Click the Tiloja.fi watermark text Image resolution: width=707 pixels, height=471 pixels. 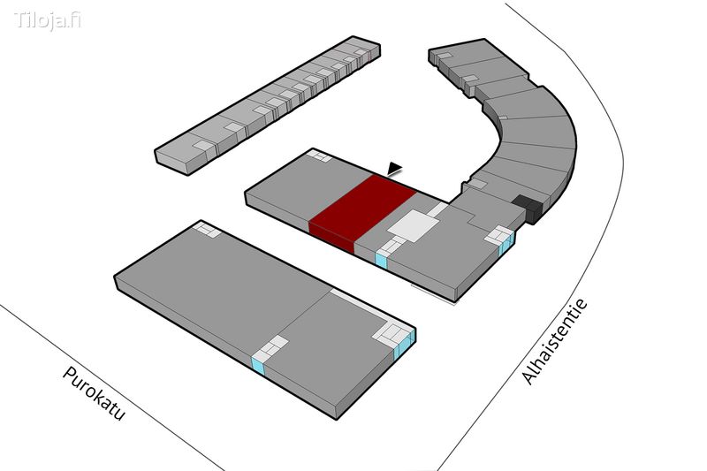pos(48,19)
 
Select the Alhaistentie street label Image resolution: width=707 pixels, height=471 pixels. pos(555,342)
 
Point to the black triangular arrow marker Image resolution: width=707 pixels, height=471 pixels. pos(394,169)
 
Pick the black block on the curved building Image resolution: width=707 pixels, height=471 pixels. pos(528,209)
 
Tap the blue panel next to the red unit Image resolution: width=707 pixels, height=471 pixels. pos(382,259)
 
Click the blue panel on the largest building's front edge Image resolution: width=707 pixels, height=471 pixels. pos(258,365)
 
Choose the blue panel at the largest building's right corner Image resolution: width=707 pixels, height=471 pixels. pos(403,344)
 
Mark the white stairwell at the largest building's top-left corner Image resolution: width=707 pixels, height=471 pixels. pos(206,230)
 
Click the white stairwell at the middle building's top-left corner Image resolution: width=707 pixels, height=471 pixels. pos(319,156)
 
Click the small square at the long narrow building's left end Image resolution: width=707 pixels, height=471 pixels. pos(202,144)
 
